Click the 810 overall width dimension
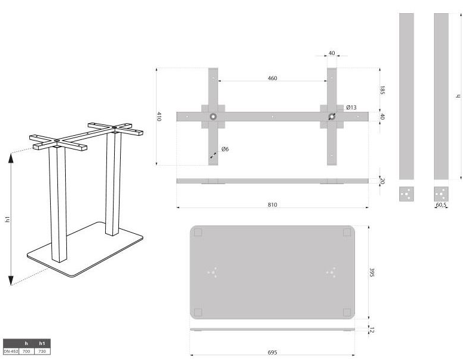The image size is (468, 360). point(272,205)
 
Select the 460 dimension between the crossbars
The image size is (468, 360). point(272,78)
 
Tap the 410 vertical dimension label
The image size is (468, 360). point(160,117)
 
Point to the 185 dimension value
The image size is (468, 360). point(383,90)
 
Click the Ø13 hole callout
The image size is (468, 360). point(351,108)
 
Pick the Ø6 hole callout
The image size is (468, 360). point(225,149)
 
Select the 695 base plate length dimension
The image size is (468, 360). point(272,352)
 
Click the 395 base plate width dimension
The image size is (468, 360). point(372,273)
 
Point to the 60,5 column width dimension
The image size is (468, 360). point(441,205)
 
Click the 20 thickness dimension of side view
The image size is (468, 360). point(383,181)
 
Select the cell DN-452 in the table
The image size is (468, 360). point(11,351)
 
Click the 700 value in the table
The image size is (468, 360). point(26,351)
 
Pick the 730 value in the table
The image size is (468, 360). point(42,351)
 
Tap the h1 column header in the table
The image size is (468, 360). point(42,343)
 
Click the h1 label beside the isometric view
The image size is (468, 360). point(8,219)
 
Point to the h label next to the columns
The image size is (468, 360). point(458,96)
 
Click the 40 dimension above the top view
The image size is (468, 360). point(332,53)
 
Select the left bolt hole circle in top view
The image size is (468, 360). point(213,117)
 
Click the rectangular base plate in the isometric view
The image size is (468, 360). point(90,251)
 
